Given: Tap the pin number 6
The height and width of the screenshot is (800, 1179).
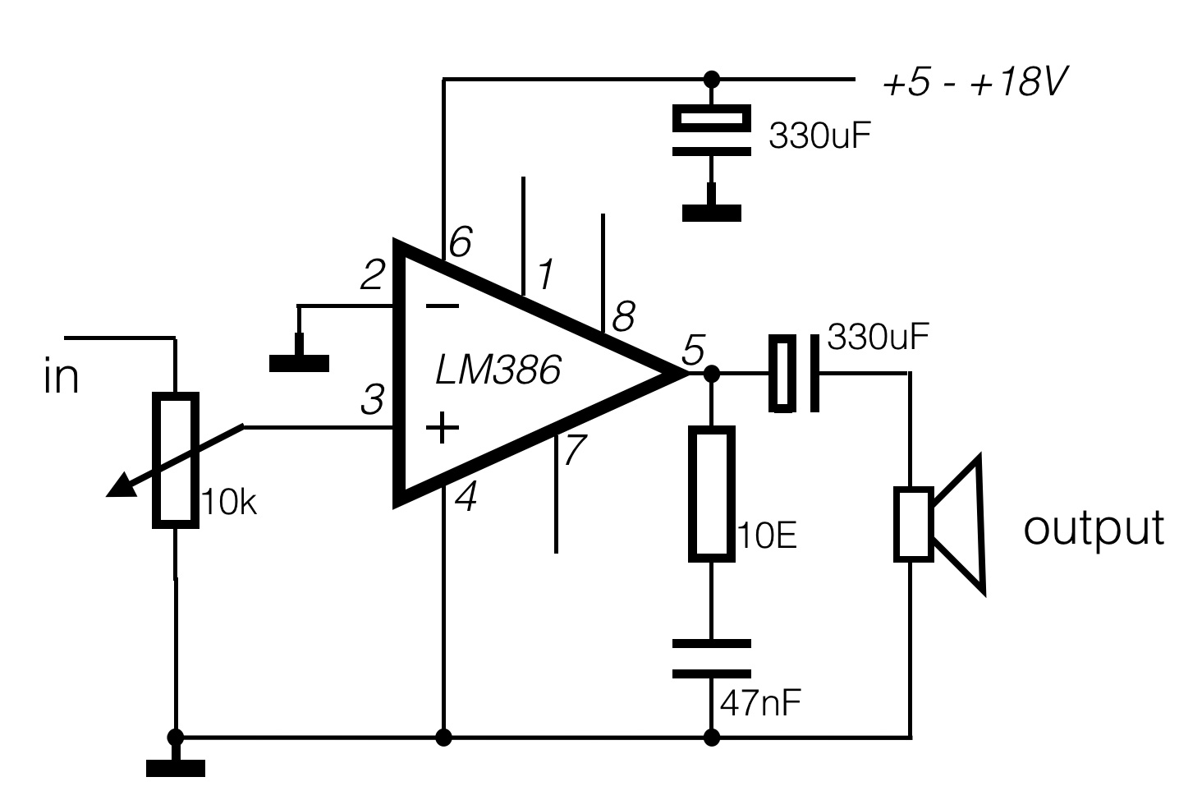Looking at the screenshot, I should click(x=460, y=243).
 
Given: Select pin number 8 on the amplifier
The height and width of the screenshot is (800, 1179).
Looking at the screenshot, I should click(x=623, y=315).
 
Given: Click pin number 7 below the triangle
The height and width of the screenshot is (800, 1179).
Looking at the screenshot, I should click(x=575, y=449).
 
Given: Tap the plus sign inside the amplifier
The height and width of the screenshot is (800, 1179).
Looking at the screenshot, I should click(x=442, y=427).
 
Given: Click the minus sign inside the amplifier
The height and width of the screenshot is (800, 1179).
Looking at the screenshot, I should click(x=443, y=306).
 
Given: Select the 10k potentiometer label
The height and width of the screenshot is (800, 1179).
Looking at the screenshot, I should click(x=229, y=503).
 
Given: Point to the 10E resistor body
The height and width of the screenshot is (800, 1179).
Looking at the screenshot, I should click(x=710, y=493).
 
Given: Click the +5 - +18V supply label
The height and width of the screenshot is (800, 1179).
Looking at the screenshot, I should click(x=974, y=84).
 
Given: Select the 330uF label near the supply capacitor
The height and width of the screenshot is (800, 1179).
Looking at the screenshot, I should click(x=819, y=136).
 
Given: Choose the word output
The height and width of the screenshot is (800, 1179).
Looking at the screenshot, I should click(x=1093, y=527).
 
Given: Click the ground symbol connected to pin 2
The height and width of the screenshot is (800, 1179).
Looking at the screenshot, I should click(x=300, y=361).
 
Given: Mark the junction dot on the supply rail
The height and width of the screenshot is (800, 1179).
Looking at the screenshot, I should click(x=712, y=79).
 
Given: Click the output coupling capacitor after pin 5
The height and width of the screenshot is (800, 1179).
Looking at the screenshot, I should click(x=794, y=374).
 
